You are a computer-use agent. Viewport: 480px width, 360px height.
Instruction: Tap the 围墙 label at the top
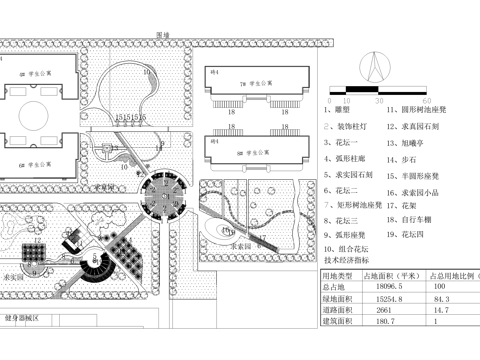pos(163,35)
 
